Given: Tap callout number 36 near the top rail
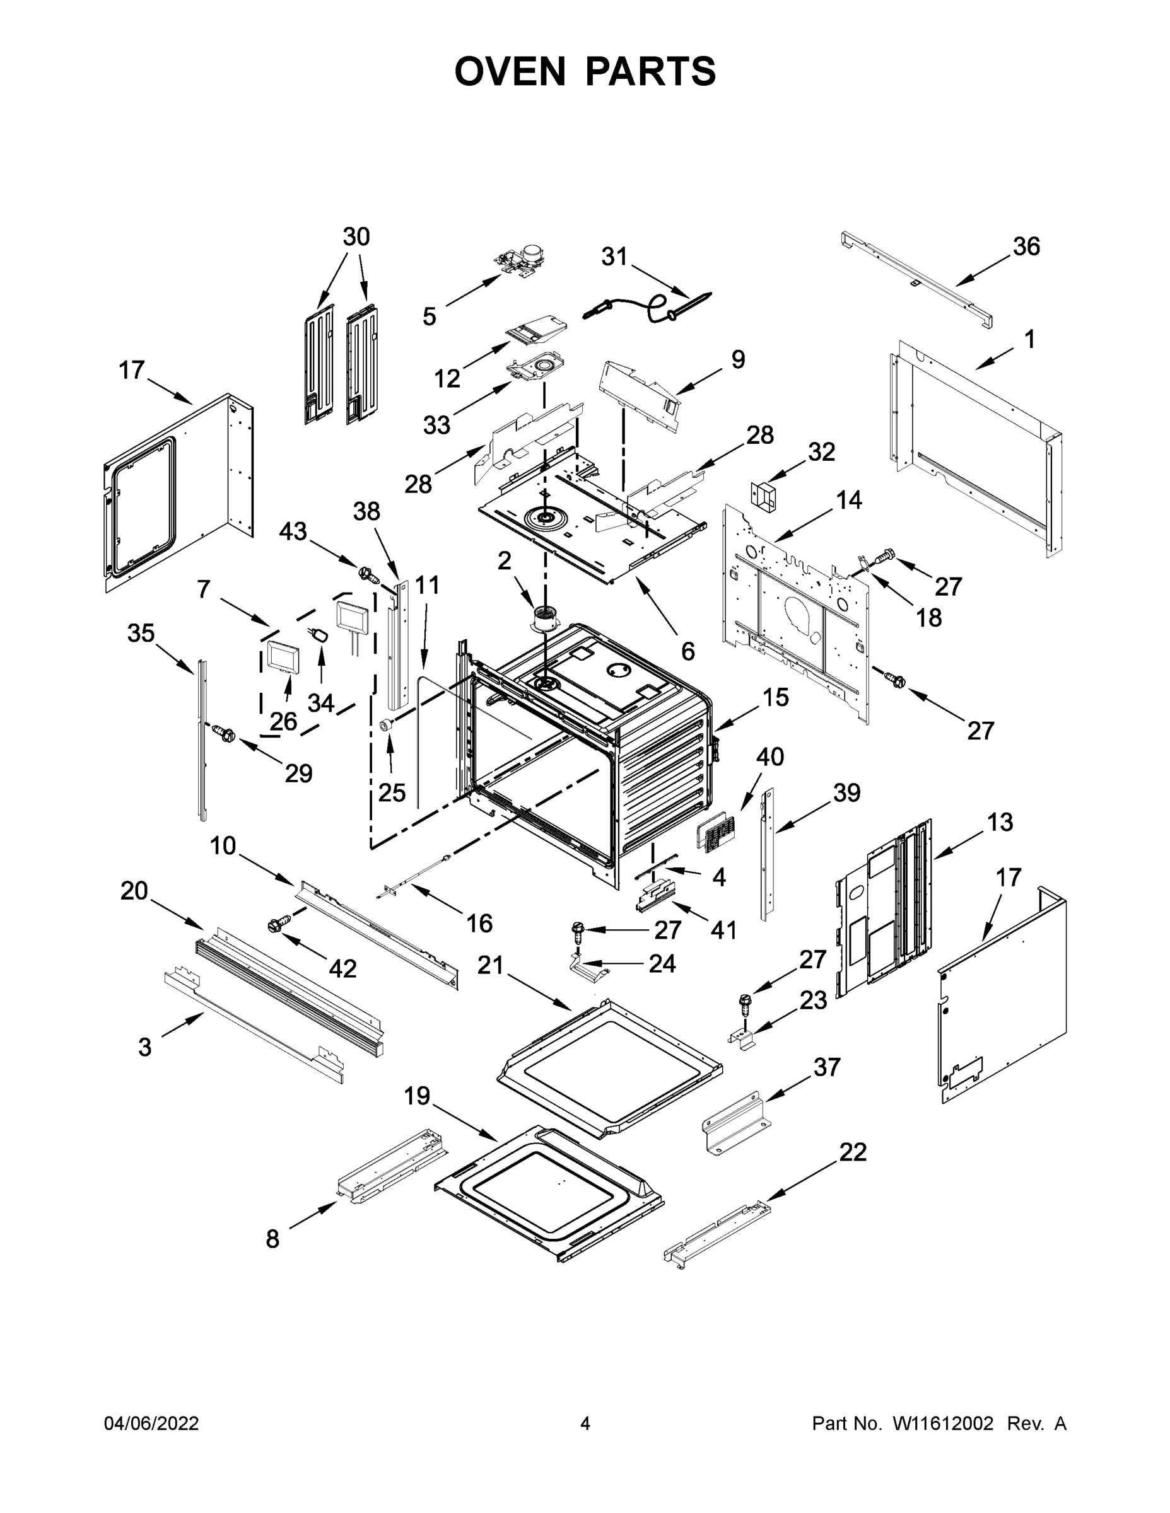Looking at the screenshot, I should (x=1026, y=246).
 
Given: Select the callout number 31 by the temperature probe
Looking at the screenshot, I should (x=614, y=257).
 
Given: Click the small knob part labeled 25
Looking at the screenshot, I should (x=387, y=724).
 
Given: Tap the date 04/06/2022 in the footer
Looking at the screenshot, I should (x=151, y=1423).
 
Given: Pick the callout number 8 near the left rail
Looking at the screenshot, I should (x=272, y=1239).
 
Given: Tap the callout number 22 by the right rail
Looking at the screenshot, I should (x=853, y=1152).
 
